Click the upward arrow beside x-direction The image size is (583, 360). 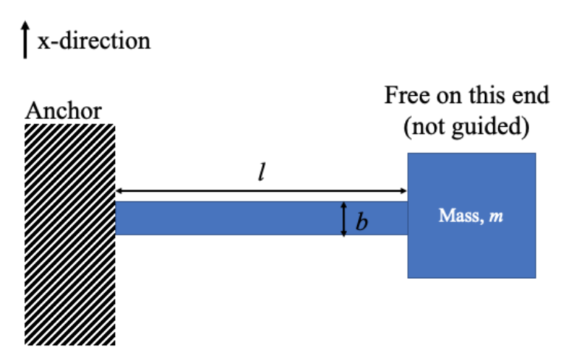(x=26, y=39)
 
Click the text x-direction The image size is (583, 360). (x=93, y=40)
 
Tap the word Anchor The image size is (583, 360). (x=63, y=111)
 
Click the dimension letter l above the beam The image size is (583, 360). (x=261, y=173)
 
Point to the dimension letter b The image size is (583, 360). (x=362, y=221)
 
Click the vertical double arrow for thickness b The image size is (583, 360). (x=344, y=218)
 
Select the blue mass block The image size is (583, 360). (x=472, y=251)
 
